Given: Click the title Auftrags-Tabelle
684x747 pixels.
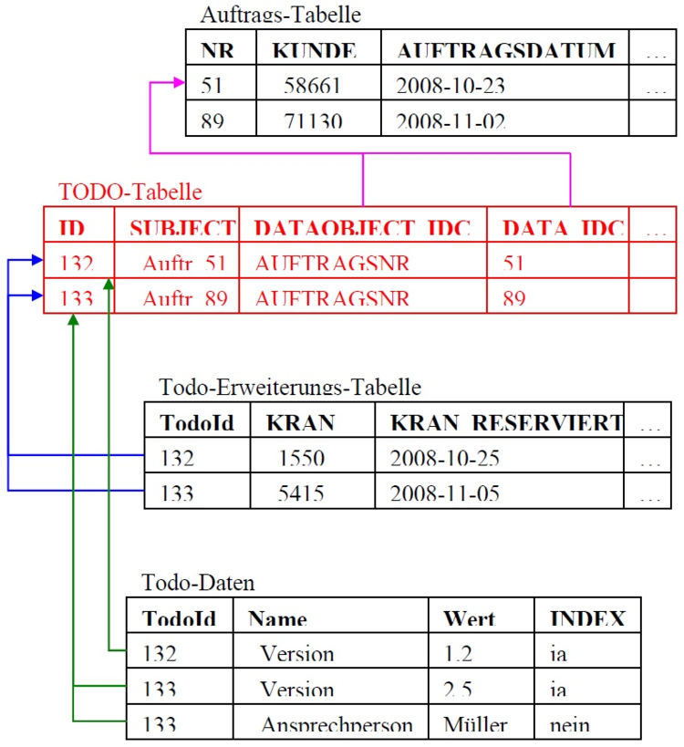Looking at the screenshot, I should click(x=280, y=15).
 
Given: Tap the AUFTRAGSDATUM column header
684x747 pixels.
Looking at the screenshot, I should click(x=505, y=50).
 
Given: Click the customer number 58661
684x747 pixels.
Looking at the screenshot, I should click(x=313, y=86).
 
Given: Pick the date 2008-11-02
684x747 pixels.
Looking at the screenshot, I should click(x=451, y=120).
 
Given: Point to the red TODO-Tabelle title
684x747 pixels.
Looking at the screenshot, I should click(x=130, y=192).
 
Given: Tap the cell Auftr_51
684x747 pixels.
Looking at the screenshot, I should click(x=184, y=264).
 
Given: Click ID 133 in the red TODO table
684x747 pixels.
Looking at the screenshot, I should click(x=78, y=297).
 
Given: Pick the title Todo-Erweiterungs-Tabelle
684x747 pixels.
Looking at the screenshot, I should click(x=290, y=387).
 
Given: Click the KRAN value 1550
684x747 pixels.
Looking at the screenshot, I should click(x=301, y=458).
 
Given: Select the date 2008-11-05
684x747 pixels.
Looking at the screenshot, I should click(x=444, y=493).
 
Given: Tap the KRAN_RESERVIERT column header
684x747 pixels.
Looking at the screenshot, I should click(x=506, y=423).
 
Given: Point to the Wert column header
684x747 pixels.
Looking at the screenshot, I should click(x=469, y=618).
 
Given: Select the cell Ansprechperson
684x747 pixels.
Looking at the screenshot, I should click(x=337, y=725).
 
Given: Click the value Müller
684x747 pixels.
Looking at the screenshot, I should click(x=474, y=724).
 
